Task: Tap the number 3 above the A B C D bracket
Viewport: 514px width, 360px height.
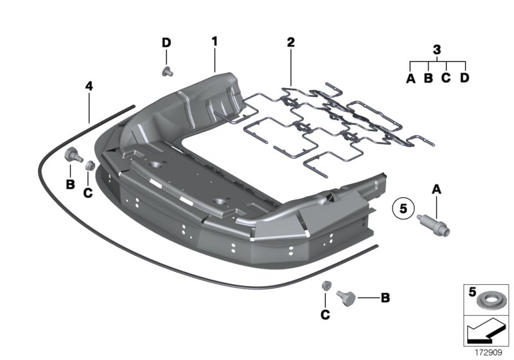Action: pyautogui.click(x=437, y=50)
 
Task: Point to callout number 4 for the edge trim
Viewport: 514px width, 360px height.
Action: pyautogui.click(x=89, y=85)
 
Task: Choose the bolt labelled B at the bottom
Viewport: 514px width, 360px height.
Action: pyautogui.click(x=348, y=298)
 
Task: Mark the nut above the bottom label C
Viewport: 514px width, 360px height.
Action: pyautogui.click(x=326, y=286)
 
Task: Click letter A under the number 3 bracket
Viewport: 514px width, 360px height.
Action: pyautogui.click(x=411, y=78)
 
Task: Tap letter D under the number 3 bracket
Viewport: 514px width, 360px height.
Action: pyautogui.click(x=465, y=78)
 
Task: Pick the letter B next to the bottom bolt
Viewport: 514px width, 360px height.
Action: pyautogui.click(x=385, y=298)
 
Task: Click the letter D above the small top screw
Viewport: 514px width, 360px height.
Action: pyautogui.click(x=166, y=42)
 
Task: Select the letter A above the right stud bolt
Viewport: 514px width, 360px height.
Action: pyautogui.click(x=437, y=189)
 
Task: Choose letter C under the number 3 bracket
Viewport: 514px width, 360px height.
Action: pyautogui.click(x=446, y=78)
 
